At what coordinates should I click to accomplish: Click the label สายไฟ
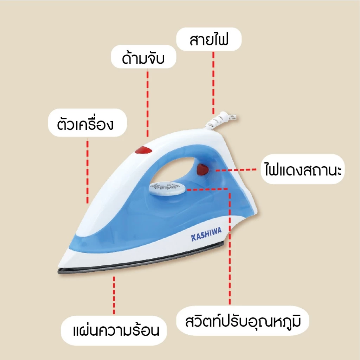(209, 39)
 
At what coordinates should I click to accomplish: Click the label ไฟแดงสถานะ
(303, 169)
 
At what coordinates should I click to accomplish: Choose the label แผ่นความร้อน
(116, 330)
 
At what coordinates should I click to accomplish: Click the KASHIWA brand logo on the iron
(206, 234)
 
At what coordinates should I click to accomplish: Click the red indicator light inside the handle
(202, 169)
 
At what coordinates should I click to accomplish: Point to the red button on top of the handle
(143, 150)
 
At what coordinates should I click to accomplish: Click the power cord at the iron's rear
(220, 120)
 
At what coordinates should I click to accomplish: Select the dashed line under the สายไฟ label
(213, 83)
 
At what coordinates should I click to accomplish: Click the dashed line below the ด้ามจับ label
(148, 104)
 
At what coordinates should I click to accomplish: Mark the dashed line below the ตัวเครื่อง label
(88, 171)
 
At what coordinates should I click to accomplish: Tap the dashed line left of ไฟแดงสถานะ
(236, 170)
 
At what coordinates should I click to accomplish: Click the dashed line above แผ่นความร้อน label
(114, 295)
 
